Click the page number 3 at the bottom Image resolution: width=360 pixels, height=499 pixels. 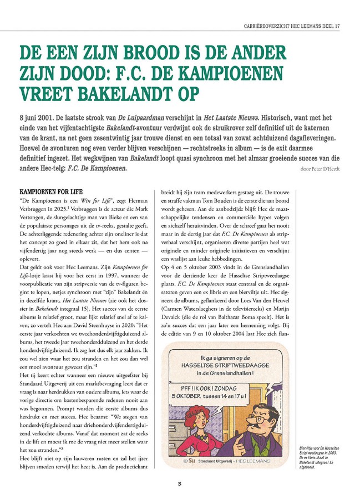pyautogui.click(x=180, y=483)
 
